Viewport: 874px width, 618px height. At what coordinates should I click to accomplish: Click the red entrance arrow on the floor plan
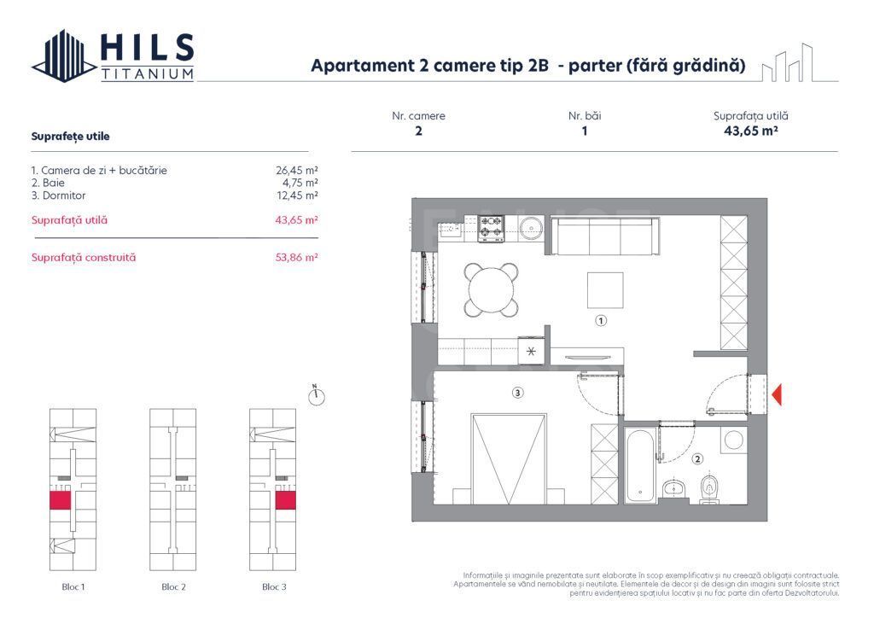point(777,394)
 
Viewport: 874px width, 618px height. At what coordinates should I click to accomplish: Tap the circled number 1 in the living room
point(601,322)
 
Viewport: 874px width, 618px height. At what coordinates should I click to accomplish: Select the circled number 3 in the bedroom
point(517,393)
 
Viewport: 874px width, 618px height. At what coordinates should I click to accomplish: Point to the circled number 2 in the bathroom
point(698,459)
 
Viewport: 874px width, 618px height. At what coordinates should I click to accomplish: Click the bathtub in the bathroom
point(638,466)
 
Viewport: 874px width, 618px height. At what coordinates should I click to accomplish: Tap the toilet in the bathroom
point(708,489)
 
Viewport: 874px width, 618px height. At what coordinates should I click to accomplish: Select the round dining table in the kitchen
point(492,289)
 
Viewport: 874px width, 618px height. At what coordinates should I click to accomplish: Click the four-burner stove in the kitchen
point(491,228)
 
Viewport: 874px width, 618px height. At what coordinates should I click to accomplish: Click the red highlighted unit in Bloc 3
point(285,500)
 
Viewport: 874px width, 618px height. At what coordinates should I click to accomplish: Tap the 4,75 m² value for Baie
point(300,183)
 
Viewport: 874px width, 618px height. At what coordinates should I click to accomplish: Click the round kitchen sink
point(530,228)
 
